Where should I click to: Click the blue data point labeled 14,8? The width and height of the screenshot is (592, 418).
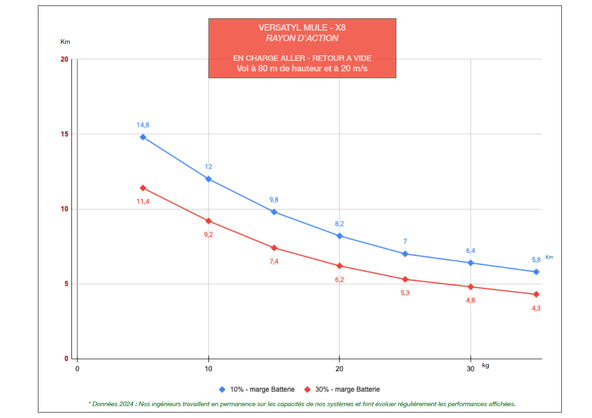[143, 137]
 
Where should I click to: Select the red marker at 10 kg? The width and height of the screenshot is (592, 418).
[208, 221]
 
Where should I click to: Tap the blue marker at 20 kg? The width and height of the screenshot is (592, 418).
[340, 236]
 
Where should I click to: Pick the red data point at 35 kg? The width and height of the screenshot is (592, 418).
[536, 294]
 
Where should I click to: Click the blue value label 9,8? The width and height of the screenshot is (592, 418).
[274, 199]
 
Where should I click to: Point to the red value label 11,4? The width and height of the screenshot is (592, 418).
[143, 202]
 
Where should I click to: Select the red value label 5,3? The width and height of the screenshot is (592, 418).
[405, 293]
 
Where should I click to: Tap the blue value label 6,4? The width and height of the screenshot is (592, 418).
[470, 251]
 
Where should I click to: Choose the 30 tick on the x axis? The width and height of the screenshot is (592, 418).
[470, 369]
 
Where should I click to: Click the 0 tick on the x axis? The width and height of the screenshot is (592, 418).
[77, 369]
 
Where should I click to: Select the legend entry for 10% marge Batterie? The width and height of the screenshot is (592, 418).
[257, 390]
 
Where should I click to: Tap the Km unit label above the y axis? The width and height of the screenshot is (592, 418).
[65, 42]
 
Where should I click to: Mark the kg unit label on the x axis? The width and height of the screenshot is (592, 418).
[485, 365]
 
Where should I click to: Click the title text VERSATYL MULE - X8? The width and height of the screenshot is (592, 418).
[302, 28]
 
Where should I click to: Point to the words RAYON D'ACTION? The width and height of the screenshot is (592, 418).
[302, 38]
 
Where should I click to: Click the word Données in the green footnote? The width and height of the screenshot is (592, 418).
[106, 404]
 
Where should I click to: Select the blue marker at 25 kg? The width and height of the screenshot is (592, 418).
[405, 254]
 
